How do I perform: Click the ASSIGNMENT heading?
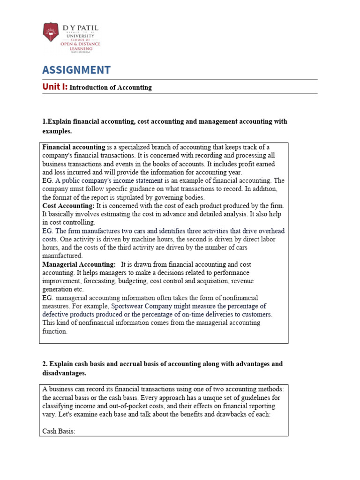(x=76, y=70)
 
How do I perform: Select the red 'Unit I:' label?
(x=55, y=87)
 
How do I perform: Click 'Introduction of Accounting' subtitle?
(x=111, y=88)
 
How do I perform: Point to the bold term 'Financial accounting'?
(x=74, y=147)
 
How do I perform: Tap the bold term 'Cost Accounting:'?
(x=68, y=206)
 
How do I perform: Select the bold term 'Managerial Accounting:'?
(x=79, y=264)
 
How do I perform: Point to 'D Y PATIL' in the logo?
(x=81, y=29)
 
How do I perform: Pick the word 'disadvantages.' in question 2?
(x=64, y=373)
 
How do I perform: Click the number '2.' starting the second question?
(x=45, y=364)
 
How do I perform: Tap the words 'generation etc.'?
(x=63, y=289)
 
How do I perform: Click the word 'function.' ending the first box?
(x=55, y=331)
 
